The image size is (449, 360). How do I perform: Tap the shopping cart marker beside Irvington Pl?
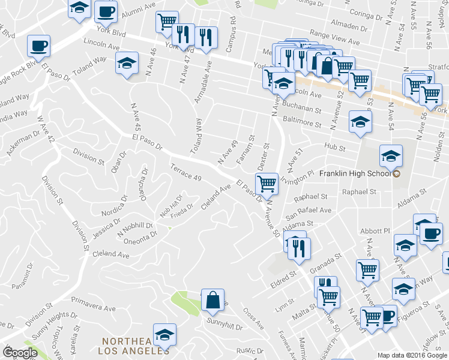point(267,183)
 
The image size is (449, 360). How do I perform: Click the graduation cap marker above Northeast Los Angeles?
point(164,335)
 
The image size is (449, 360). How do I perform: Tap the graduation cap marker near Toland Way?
point(127,64)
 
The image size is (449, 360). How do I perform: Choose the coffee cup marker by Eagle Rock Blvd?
point(38,46)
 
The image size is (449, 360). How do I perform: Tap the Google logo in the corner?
point(20,353)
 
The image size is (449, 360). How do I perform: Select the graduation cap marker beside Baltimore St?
point(360,122)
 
